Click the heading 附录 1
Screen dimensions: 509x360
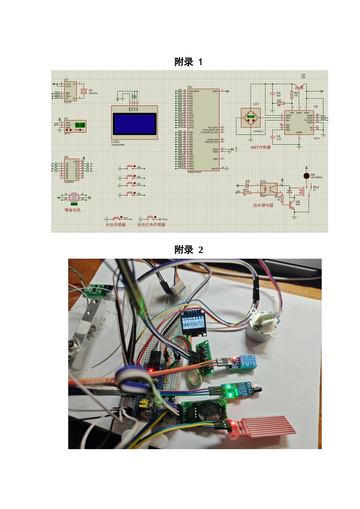[x=188, y=62]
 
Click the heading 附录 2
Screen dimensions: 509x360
[x=188, y=250]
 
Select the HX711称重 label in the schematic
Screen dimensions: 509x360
[x=260, y=147]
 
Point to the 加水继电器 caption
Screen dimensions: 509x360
[x=263, y=205]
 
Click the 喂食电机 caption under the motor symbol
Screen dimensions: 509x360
[x=72, y=210]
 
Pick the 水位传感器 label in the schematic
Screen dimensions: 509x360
[x=116, y=225]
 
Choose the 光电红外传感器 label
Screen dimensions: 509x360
[x=151, y=225]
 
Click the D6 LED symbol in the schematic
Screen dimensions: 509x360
[x=306, y=176]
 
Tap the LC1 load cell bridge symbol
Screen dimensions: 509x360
[x=251, y=117]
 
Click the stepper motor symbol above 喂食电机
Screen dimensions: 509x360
[x=74, y=197]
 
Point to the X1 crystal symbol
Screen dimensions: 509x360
[x=84, y=91]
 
